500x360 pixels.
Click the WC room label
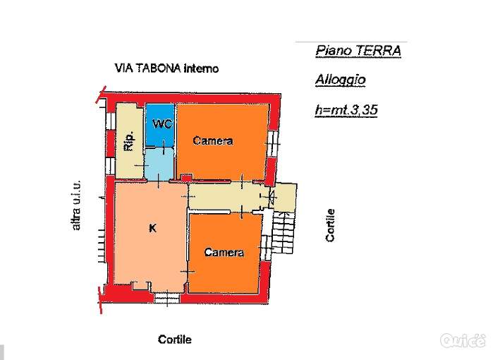click(163, 124)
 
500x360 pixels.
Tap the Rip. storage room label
click(129, 141)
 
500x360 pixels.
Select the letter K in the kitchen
click(153, 228)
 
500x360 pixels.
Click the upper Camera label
click(213, 140)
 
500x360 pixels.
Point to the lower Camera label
click(224, 252)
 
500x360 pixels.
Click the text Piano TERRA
click(358, 51)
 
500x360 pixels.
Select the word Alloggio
click(340, 80)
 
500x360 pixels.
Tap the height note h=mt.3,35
click(346, 110)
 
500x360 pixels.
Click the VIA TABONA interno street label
click(166, 68)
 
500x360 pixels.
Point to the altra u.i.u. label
click(76, 205)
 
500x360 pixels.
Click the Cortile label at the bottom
click(175, 340)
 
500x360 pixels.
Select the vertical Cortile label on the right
click(330, 225)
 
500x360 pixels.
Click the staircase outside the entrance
click(283, 232)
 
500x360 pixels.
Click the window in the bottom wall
click(166, 298)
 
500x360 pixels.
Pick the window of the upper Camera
click(273, 143)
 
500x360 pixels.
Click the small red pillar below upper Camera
click(187, 178)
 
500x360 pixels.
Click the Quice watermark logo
click(463, 340)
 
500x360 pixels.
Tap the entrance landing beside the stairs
click(285, 197)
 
